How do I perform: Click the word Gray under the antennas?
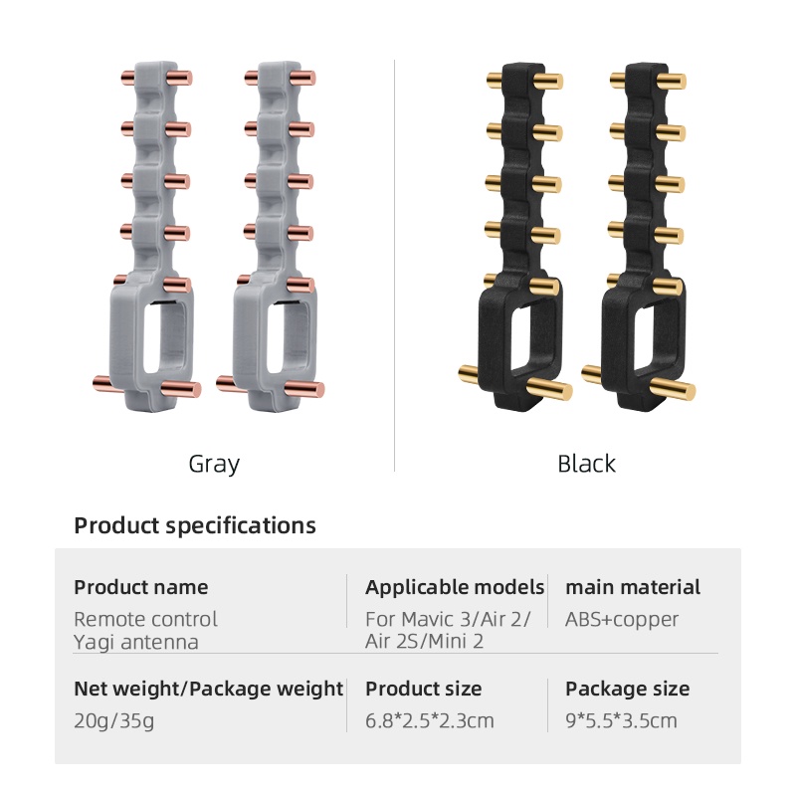click(214, 464)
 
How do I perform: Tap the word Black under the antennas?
click(586, 464)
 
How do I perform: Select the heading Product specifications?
click(195, 525)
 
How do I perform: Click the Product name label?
click(141, 587)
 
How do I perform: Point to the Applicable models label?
click(455, 587)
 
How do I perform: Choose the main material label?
click(633, 587)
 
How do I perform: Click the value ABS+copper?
click(622, 619)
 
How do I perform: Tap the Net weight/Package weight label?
click(209, 689)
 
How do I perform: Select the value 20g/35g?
click(114, 720)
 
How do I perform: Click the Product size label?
click(423, 689)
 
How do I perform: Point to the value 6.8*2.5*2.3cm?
click(430, 720)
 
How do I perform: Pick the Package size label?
click(627, 689)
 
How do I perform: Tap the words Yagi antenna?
click(136, 642)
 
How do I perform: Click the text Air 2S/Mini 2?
click(425, 642)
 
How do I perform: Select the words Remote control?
click(145, 619)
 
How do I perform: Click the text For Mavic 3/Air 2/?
click(448, 619)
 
